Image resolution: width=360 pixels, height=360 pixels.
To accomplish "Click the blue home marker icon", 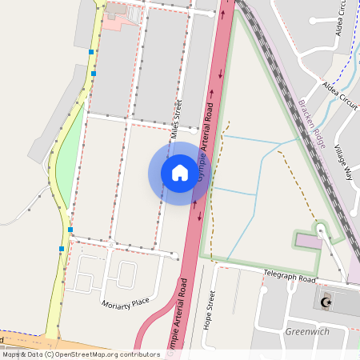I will click(179, 173).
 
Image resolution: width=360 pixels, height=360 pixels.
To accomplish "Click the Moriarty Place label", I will click(126, 303).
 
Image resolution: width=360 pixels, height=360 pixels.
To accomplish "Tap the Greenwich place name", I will click(308, 330).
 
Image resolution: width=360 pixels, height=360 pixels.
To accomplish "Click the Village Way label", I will click(344, 163).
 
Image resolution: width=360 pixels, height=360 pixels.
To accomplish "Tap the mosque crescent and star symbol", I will click(325, 302).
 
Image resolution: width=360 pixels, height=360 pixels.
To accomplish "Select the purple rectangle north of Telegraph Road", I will click(309, 241).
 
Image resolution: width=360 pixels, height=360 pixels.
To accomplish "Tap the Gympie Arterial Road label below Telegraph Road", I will click(178, 316).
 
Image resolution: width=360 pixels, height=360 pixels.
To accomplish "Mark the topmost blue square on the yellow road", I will click(91, 52).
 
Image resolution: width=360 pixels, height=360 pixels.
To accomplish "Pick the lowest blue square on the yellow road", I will click(62, 249).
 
